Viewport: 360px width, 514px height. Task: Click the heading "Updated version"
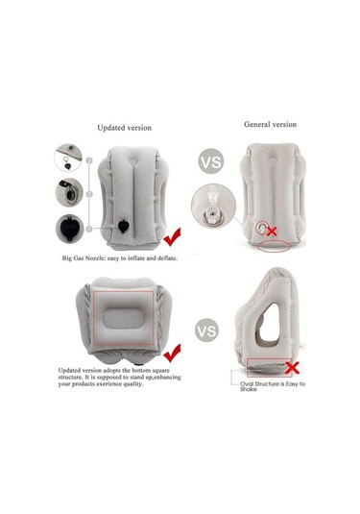coord(125,128)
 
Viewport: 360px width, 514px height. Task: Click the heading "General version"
coord(271,125)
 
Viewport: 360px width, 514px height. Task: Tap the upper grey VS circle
coord(211,161)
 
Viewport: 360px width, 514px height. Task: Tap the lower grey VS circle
coord(207,330)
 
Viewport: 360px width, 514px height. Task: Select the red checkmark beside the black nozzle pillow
coord(172,237)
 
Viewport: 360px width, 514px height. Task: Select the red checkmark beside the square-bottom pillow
coord(172,353)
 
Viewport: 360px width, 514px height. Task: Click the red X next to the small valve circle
coord(272,232)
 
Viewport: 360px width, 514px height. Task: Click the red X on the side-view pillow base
coord(292,368)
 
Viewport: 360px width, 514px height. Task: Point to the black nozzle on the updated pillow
coord(124,227)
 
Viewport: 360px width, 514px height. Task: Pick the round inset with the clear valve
coord(213,206)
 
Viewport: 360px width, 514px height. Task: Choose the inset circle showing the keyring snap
coord(68,158)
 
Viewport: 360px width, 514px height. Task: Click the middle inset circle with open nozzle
coord(69,193)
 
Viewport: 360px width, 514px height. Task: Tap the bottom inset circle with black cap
coord(69,228)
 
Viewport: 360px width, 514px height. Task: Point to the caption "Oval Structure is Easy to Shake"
coord(273,386)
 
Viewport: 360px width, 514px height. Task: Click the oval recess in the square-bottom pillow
coord(123,319)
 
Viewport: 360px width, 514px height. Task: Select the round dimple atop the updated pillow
coord(133,162)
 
